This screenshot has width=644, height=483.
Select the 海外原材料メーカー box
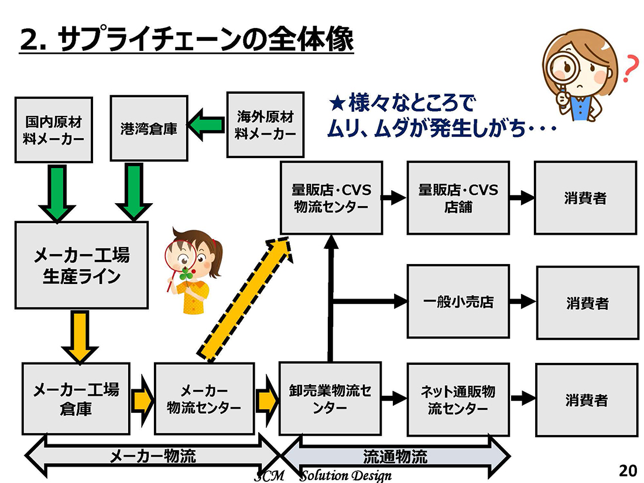point(265,125)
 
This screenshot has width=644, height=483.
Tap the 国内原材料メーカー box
point(53,129)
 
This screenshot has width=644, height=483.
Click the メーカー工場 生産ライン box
point(81,265)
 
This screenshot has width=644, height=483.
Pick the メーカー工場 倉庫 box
point(76,399)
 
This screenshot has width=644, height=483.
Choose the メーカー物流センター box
point(204,399)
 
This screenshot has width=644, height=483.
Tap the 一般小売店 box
point(458,302)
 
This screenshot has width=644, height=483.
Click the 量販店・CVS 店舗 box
point(458,198)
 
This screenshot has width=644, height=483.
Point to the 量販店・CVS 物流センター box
point(331,198)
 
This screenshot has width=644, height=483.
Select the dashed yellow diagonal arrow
point(245,299)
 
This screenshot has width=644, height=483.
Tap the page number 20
point(627,470)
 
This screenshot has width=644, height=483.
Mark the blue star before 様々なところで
point(337,104)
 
